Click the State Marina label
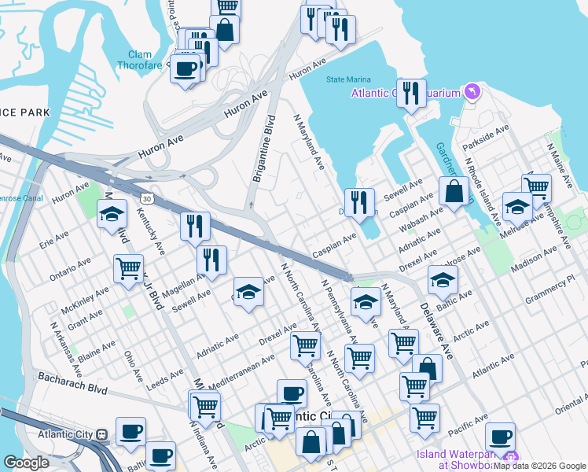(347, 79)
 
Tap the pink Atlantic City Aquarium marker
(472, 92)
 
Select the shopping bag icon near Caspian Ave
(454, 191)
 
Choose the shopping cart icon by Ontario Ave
(128, 267)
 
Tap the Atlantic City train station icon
(101, 433)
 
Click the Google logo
(27, 463)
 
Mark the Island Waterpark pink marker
(512, 458)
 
